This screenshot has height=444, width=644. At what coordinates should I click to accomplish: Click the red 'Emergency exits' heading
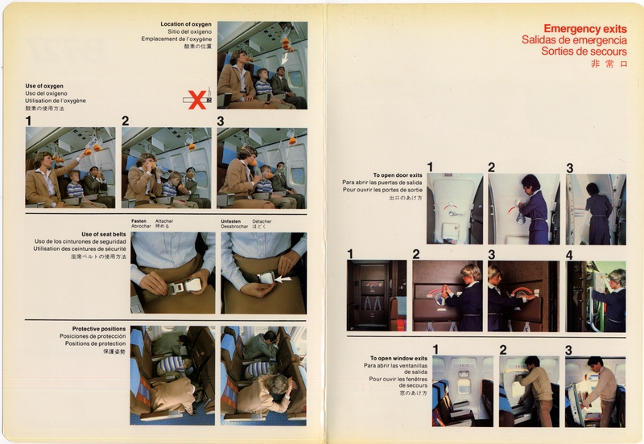[x=585, y=28]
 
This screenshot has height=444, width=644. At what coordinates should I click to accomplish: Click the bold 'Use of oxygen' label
[x=44, y=85]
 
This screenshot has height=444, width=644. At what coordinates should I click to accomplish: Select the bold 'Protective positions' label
[x=98, y=328]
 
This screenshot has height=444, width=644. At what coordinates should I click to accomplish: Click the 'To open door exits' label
[x=398, y=175]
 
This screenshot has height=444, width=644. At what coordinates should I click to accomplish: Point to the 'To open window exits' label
[x=395, y=358]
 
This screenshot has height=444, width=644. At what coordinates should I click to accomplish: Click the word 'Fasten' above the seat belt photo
[x=140, y=220]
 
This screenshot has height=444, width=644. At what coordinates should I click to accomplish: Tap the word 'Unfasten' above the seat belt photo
[x=231, y=220]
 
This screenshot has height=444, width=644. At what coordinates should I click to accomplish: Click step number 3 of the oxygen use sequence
[x=221, y=121]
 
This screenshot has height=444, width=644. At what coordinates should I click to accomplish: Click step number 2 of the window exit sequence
[x=503, y=349]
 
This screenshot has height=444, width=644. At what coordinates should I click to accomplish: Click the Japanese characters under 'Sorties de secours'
[x=608, y=64]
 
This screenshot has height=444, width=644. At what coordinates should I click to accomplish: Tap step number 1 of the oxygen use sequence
[x=29, y=121]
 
